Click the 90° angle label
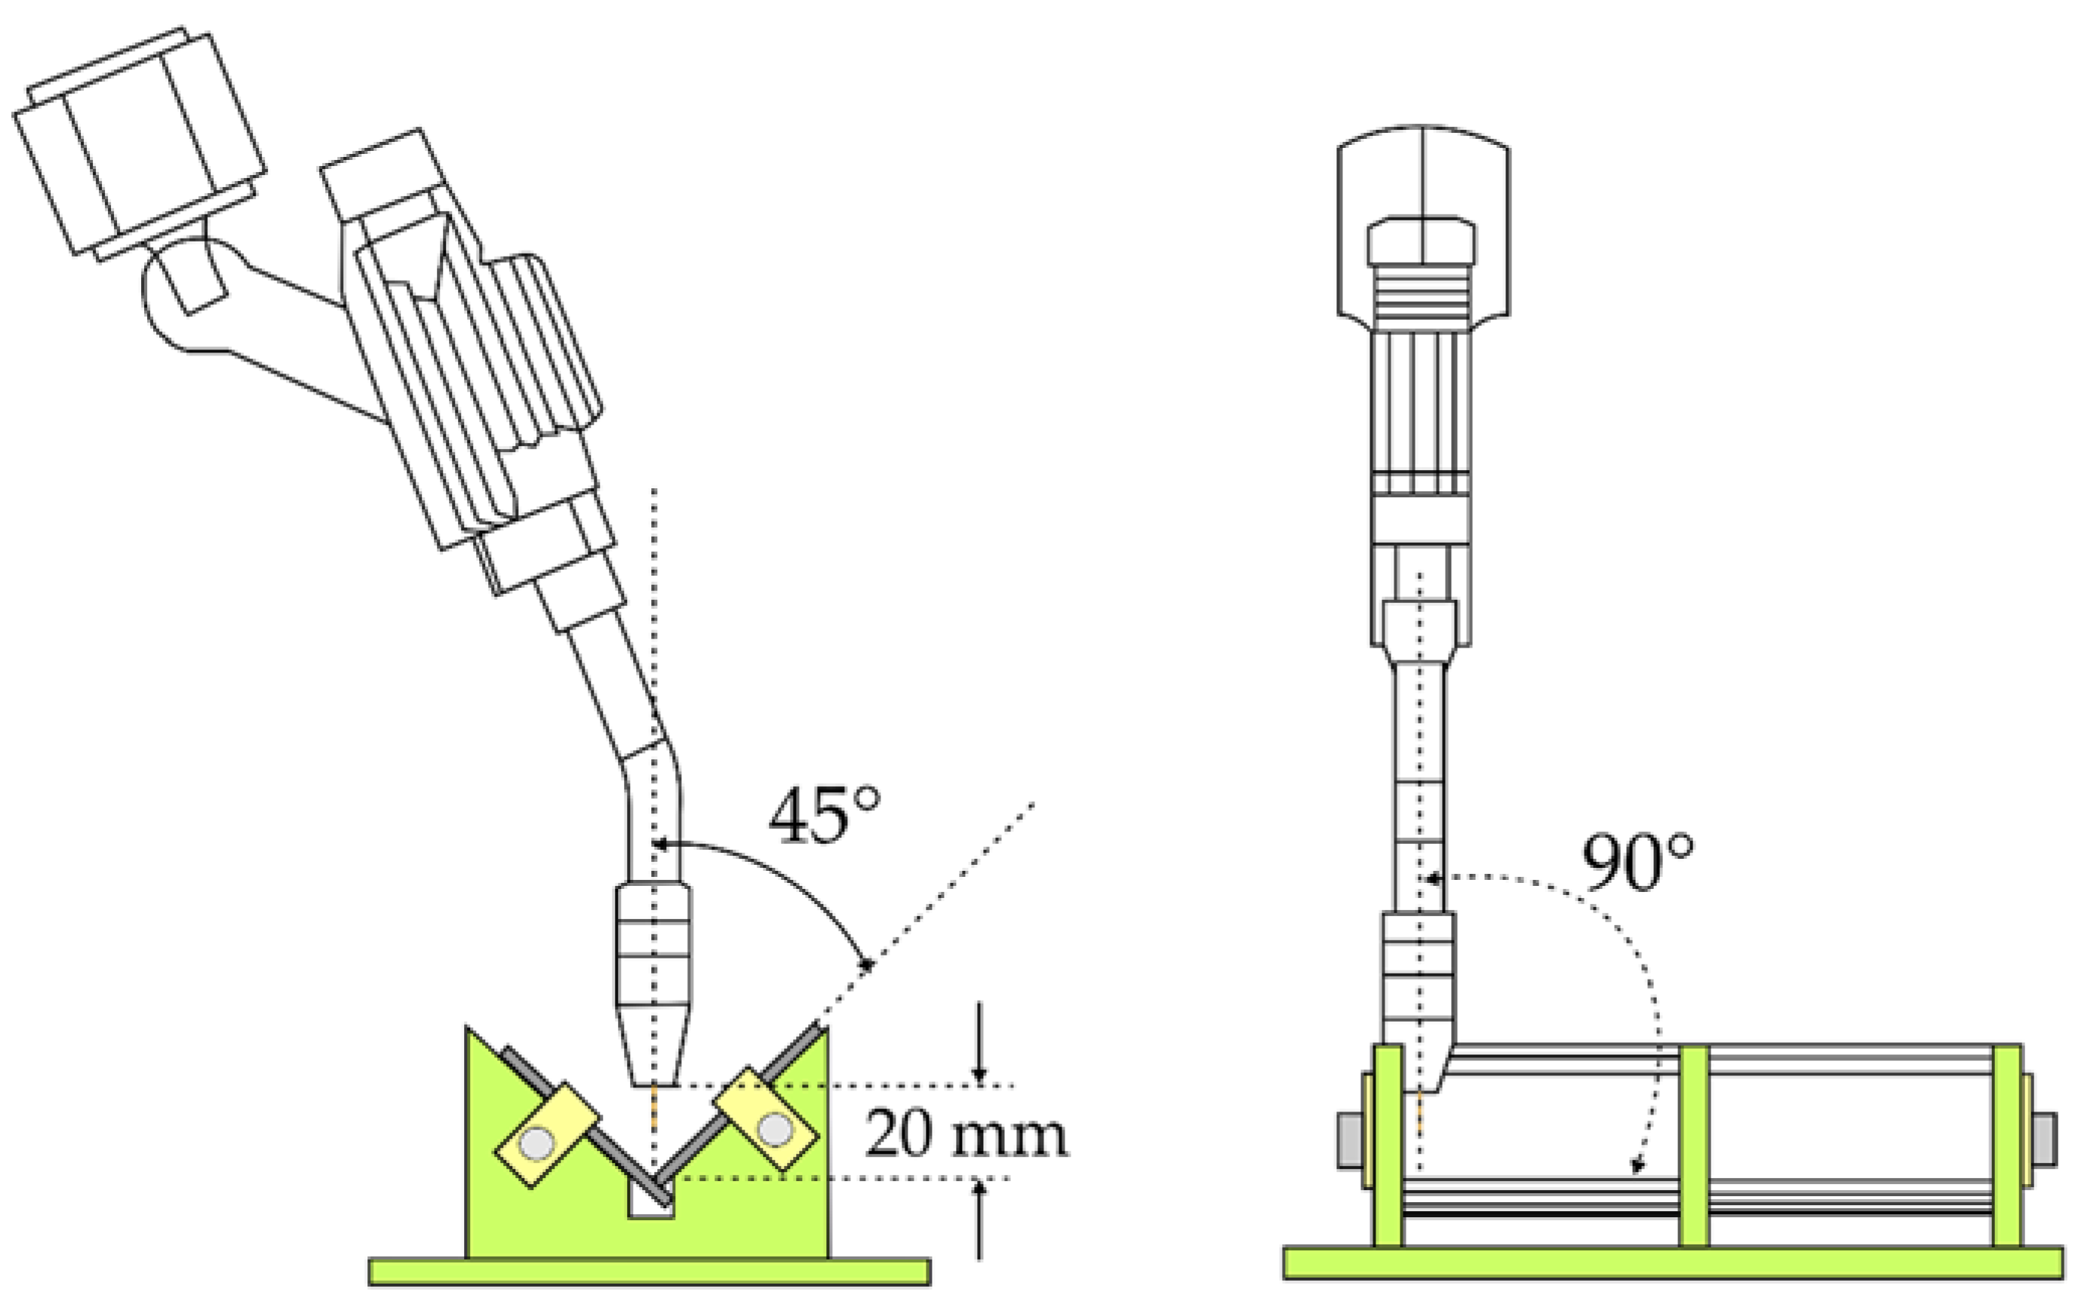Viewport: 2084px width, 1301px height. pyautogui.click(x=1637, y=862)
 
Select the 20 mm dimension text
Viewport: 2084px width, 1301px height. pyautogui.click(x=965, y=1134)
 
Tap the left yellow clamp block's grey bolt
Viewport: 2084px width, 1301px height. pyautogui.click(x=537, y=1143)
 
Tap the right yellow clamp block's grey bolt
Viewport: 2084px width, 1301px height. pyautogui.click(x=775, y=1130)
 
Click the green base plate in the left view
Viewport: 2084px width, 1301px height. pyautogui.click(x=650, y=1271)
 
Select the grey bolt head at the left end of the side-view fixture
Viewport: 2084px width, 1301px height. pyautogui.click(x=1348, y=1140)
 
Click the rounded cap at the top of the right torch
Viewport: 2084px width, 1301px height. pyautogui.click(x=1424, y=172)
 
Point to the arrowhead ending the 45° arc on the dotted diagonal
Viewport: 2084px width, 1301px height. pyautogui.click(x=865, y=964)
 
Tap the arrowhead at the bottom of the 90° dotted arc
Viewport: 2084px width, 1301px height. pyautogui.click(x=1637, y=1168)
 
